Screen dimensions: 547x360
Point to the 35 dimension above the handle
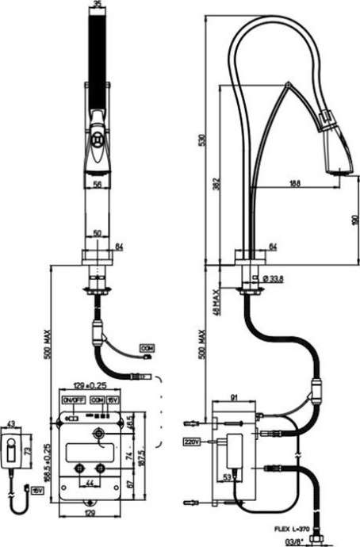click(x=98, y=5)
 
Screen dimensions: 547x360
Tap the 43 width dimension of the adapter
click(x=10, y=423)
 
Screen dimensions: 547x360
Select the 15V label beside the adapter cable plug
click(x=37, y=491)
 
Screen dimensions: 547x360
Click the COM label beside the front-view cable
click(x=147, y=347)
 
